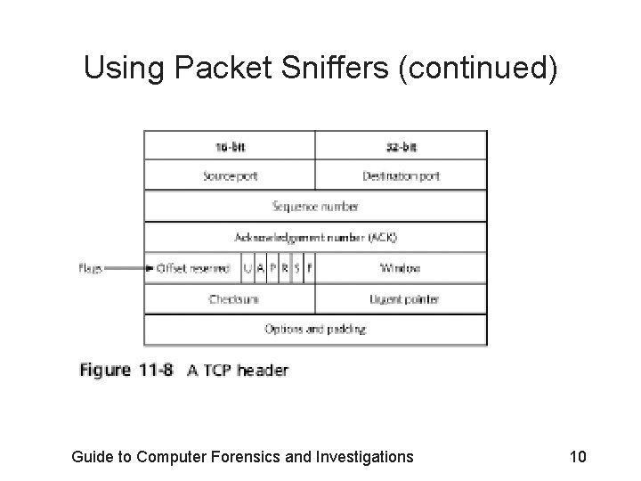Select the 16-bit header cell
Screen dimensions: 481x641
(x=230, y=145)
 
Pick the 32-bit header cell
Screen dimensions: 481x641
(x=402, y=145)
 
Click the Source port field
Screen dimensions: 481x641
(x=230, y=175)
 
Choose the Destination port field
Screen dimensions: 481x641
(x=402, y=175)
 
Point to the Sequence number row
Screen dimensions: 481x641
(x=315, y=207)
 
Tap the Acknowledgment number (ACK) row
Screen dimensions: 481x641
(x=315, y=237)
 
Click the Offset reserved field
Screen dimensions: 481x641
(x=193, y=268)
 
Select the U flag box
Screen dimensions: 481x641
(x=247, y=268)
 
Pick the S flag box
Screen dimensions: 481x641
(x=296, y=268)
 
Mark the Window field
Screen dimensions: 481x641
(x=401, y=268)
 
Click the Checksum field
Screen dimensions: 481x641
(x=230, y=299)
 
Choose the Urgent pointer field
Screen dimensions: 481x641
(x=402, y=299)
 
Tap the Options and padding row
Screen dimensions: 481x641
(x=315, y=330)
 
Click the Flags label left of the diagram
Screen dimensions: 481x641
(x=92, y=268)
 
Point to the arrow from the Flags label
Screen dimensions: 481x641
(x=126, y=268)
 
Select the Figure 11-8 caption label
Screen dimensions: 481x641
(x=130, y=370)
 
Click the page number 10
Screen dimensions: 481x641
(x=577, y=457)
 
